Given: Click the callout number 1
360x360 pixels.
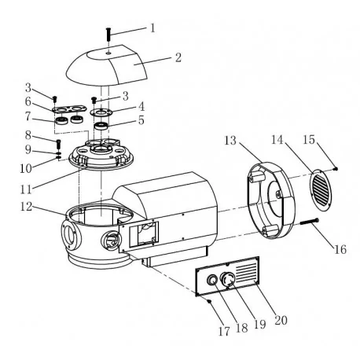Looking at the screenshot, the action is [152, 28].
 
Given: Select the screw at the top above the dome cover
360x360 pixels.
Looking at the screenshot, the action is [108, 34].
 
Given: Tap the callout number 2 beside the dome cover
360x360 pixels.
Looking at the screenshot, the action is [178, 57].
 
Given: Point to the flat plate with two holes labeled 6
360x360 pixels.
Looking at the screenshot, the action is [70, 108].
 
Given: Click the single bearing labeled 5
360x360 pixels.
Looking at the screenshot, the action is [101, 126].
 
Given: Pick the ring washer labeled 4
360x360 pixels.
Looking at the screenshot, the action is [101, 112].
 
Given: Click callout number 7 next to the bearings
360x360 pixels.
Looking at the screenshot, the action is [28, 116].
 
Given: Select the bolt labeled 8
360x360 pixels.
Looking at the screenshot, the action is [58, 144].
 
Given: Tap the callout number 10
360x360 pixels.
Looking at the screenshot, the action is [26, 168].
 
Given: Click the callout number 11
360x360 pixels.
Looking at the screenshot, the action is [26, 189].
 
